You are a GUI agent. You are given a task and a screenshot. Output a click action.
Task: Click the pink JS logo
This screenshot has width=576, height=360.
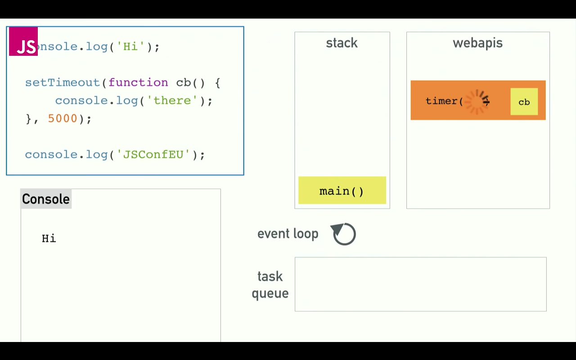23,41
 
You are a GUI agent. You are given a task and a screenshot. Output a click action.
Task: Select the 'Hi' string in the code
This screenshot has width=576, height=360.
130,47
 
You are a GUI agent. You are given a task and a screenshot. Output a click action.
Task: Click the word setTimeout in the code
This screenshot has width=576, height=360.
63,83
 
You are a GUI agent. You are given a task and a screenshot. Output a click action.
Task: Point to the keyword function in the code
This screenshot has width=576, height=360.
138,83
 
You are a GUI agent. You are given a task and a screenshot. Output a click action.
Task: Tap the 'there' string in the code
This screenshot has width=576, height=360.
172,101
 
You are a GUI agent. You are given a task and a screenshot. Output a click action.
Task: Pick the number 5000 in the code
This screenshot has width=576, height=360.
63,119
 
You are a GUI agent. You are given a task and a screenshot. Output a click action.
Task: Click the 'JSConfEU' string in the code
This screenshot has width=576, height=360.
153,155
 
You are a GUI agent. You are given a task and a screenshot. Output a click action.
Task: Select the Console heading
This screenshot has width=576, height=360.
46,199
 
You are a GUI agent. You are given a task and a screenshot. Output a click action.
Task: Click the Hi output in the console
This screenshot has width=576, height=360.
49,238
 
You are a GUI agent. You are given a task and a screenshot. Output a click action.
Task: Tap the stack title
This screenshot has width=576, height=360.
342,43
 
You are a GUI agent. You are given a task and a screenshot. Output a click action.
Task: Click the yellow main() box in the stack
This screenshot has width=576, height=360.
342,191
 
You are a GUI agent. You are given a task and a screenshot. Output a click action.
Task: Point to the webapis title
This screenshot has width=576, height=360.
477,43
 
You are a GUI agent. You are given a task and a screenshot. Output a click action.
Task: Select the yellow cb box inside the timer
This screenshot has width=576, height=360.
524,102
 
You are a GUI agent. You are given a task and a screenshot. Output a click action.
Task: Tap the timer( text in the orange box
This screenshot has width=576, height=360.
444,101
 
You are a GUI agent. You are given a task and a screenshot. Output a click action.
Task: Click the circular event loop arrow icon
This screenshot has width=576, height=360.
344,234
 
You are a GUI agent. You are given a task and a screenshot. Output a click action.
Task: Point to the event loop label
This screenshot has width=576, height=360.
288,234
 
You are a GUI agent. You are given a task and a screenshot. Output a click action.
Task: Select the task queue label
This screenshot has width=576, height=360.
270,285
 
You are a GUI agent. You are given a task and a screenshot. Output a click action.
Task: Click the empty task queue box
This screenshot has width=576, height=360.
420,284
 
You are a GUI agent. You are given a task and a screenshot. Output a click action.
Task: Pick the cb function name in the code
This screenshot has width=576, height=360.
183,83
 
